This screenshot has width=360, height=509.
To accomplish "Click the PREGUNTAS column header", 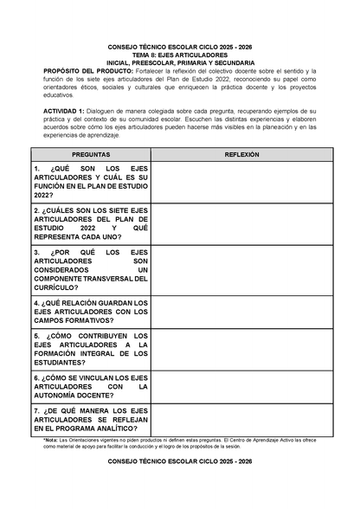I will point(90,152).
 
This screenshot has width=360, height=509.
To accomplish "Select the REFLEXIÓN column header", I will point(241,152).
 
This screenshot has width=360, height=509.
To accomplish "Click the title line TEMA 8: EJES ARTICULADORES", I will point(180,55).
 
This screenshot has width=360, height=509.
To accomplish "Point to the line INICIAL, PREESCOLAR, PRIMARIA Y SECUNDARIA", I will point(180,63).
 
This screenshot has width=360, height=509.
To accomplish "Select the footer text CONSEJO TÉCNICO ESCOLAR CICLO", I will point(180,487).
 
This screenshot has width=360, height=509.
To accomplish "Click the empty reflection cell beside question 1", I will point(241,182).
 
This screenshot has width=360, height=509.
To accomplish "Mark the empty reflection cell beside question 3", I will point(241,270).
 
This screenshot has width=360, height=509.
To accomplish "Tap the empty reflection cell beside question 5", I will point(241,349).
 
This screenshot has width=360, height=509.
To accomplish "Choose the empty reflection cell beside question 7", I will point(241,419).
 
